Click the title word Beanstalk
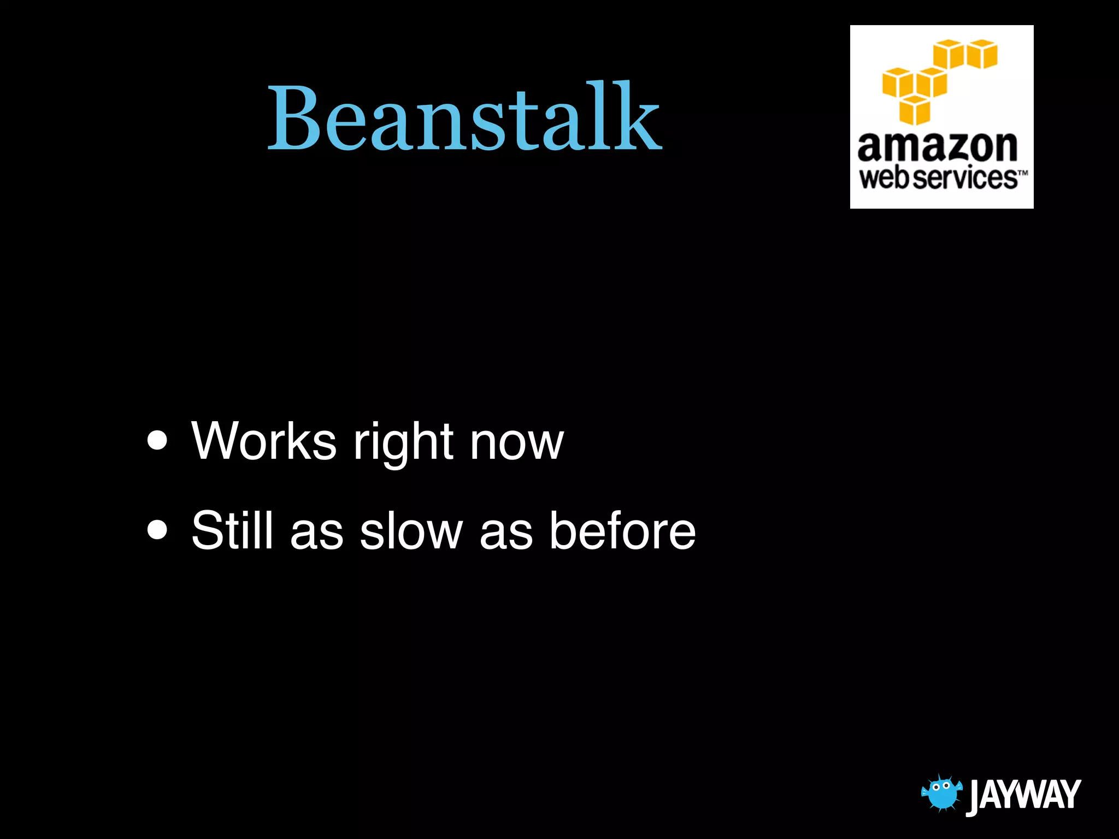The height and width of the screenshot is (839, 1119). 464,117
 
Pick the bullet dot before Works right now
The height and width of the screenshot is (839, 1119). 157,440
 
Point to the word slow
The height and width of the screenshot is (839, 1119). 411,530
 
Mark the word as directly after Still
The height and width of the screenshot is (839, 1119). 316,532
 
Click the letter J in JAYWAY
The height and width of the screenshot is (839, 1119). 975,796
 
